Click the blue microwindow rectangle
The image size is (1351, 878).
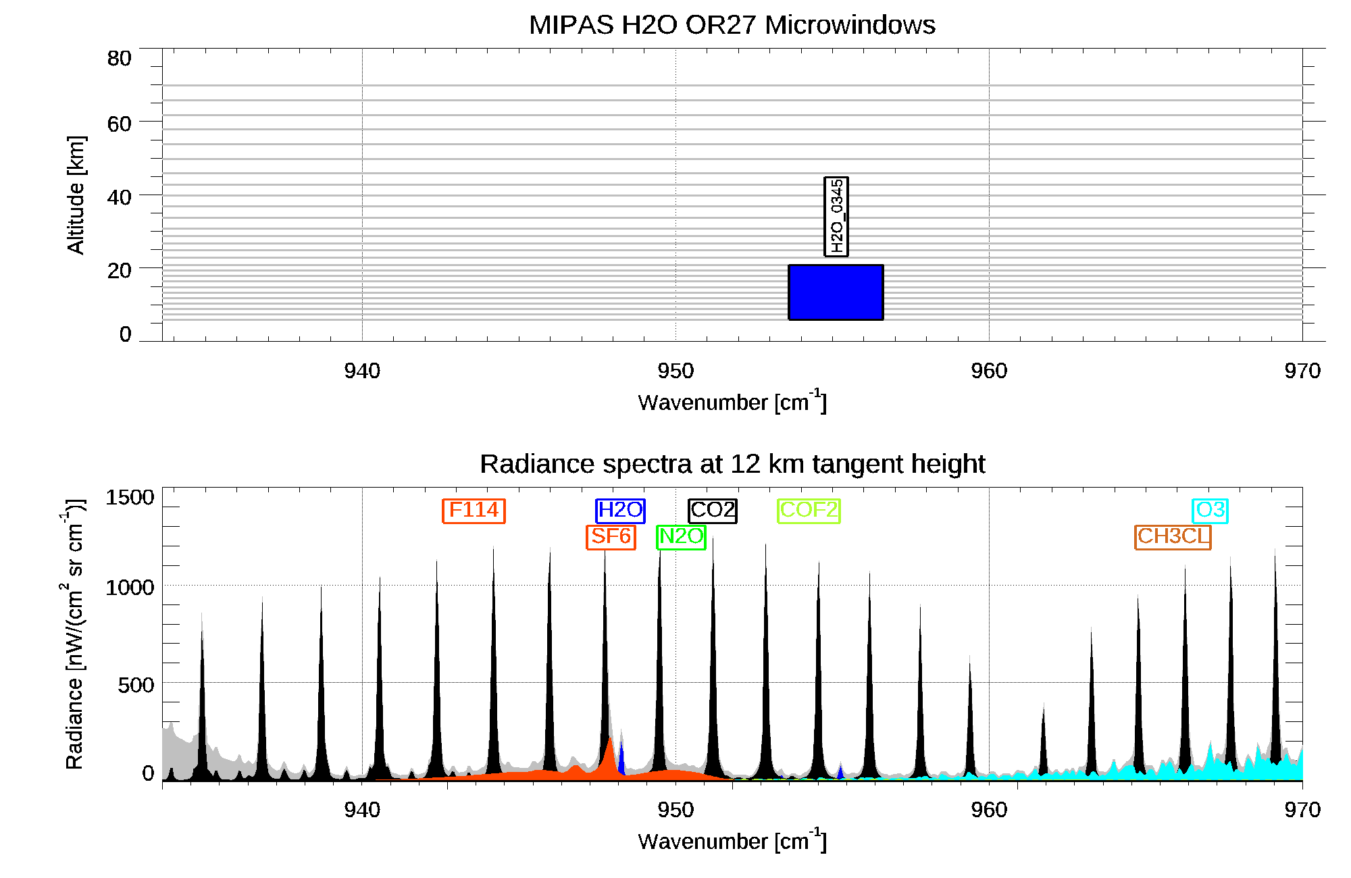(836, 292)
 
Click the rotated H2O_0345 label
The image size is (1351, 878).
(836, 216)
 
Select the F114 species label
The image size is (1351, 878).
(474, 510)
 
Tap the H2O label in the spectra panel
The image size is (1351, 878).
(620, 510)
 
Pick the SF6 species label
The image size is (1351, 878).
(611, 536)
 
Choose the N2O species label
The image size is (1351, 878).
(681, 536)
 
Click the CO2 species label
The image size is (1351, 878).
(712, 510)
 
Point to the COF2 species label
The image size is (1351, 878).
(809, 510)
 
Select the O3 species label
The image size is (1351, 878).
(1210, 510)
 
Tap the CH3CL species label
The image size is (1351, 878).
(1173, 536)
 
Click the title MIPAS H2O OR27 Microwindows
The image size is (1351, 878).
(732, 25)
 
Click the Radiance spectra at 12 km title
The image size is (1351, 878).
(732, 464)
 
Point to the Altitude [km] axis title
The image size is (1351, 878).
(76, 195)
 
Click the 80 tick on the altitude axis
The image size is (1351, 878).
(119, 59)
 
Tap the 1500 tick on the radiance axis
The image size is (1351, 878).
(130, 498)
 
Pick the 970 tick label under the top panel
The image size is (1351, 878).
(1302, 371)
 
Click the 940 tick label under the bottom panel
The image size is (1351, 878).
(362, 810)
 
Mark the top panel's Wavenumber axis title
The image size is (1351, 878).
(732, 402)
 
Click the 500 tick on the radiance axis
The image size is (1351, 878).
(136, 685)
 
